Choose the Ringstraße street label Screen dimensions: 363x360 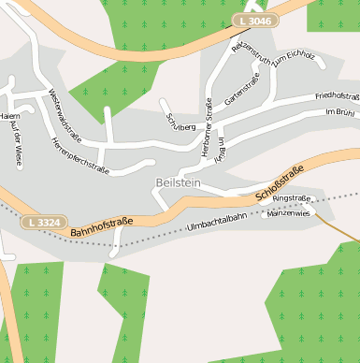click(x=292, y=198)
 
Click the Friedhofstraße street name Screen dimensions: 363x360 click(x=338, y=95)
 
